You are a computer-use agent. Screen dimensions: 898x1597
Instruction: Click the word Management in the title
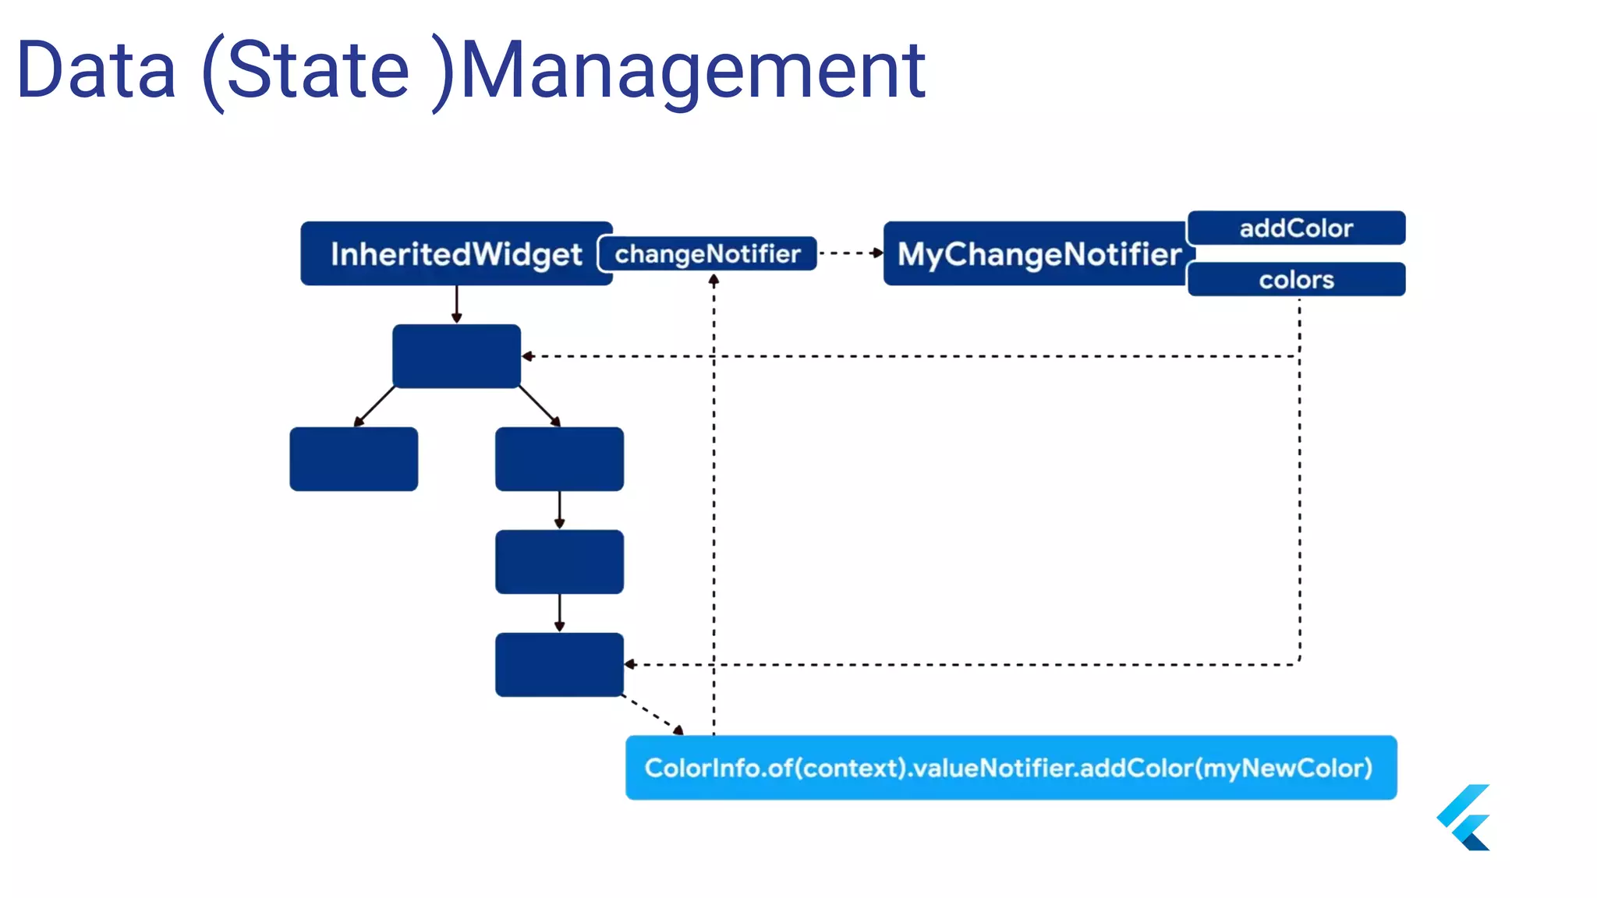(x=692, y=71)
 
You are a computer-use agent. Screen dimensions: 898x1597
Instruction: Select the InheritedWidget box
(x=455, y=254)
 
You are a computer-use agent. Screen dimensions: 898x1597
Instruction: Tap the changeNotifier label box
(x=707, y=254)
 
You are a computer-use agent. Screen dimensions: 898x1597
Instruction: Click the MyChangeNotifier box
(x=1037, y=254)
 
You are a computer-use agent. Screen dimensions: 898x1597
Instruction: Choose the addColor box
(x=1296, y=228)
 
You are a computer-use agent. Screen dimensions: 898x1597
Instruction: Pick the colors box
(x=1296, y=280)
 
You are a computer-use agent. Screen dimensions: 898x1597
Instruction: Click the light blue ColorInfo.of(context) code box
(x=1011, y=768)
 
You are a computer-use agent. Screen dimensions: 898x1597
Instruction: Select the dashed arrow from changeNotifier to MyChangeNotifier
(x=850, y=253)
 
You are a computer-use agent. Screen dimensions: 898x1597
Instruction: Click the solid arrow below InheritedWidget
(x=457, y=304)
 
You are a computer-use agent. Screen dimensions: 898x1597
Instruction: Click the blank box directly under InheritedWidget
(x=457, y=356)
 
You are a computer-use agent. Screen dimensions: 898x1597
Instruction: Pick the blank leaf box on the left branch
(x=353, y=459)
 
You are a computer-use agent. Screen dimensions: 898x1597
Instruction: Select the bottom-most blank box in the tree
(x=559, y=665)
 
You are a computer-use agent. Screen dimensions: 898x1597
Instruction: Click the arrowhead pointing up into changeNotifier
(x=714, y=279)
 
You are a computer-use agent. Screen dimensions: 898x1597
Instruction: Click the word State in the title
(x=318, y=71)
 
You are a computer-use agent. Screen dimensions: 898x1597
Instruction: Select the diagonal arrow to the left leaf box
(x=374, y=406)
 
